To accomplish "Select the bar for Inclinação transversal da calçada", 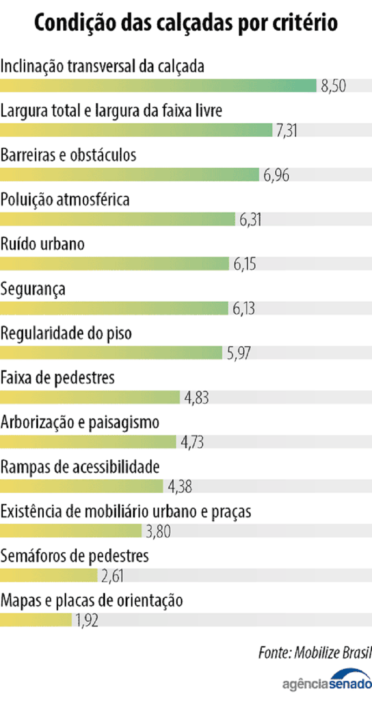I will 158,86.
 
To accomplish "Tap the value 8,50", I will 333,86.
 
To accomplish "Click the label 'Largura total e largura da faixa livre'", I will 112,111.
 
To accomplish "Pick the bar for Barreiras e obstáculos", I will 129,175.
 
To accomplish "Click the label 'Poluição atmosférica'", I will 65,200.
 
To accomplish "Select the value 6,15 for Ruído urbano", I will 245,265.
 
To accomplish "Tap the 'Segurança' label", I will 33,289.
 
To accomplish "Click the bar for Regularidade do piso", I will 111,353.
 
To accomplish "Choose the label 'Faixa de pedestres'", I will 58,378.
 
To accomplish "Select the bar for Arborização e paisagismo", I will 88,442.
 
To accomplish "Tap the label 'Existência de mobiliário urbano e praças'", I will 126,511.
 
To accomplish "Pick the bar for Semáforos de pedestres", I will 49,576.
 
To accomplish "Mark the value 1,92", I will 87,621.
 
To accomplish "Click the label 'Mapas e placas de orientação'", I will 92,601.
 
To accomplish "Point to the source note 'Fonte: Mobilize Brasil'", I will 315,652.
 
